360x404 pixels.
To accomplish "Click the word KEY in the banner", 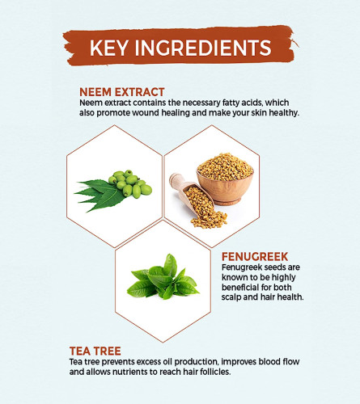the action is coord(109,48).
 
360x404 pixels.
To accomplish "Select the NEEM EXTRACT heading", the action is coord(122,92).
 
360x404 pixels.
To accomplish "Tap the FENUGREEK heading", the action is coord(255,257).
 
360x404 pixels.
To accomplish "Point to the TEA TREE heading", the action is coord(95,351).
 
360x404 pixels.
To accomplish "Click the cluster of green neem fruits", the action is coord(130,183).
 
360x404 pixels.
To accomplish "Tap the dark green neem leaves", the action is coord(100,195).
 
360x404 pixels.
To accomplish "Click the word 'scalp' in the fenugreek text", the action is coord(232,297).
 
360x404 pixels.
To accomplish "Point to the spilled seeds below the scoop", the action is coord(209,220).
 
